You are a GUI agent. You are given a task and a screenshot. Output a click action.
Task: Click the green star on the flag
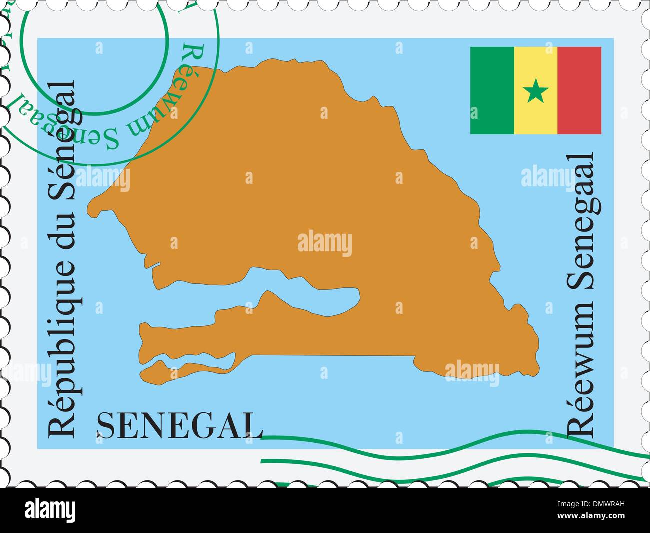pos(536,91)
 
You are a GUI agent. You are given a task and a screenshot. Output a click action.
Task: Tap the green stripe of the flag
pos(492,90)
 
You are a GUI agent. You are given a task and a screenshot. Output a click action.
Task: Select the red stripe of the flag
pos(579,90)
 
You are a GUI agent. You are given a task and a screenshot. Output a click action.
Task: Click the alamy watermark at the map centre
pos(325,244)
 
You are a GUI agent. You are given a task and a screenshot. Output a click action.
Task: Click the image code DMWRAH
pos(615,506)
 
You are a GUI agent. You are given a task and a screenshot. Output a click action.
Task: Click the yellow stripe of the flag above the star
pos(536,63)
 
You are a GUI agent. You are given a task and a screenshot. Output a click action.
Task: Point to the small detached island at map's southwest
pos(160,370)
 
